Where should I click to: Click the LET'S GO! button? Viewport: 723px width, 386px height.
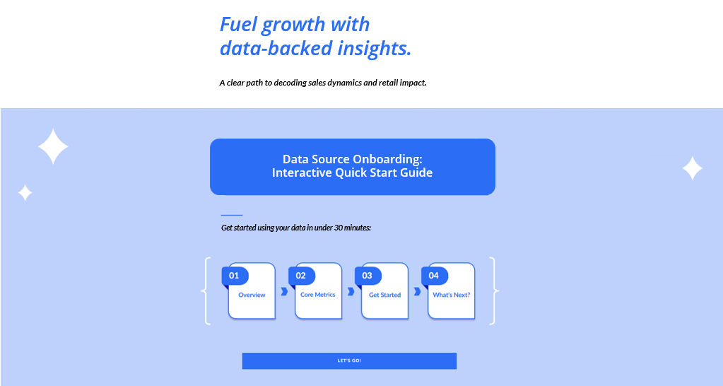[x=349, y=361]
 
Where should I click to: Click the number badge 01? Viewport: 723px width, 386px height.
[x=235, y=275]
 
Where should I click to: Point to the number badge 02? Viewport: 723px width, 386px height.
[x=301, y=275]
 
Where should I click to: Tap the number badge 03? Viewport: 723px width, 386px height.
[x=368, y=275]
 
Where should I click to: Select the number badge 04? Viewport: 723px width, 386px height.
[x=434, y=275]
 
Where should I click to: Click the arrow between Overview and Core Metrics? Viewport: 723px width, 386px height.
[x=284, y=291]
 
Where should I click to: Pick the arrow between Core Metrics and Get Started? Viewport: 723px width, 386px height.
[x=351, y=291]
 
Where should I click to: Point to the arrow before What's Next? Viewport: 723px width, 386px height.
[x=417, y=291]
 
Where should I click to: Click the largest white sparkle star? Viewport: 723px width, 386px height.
[x=53, y=147]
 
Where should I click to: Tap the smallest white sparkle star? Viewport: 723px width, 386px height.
[x=25, y=192]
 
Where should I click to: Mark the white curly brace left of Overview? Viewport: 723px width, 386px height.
[x=206, y=291]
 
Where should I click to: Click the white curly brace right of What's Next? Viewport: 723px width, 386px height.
[x=493, y=291]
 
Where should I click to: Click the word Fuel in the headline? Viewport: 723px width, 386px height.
[x=238, y=25]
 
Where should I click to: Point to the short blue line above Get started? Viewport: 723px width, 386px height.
[x=232, y=215]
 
